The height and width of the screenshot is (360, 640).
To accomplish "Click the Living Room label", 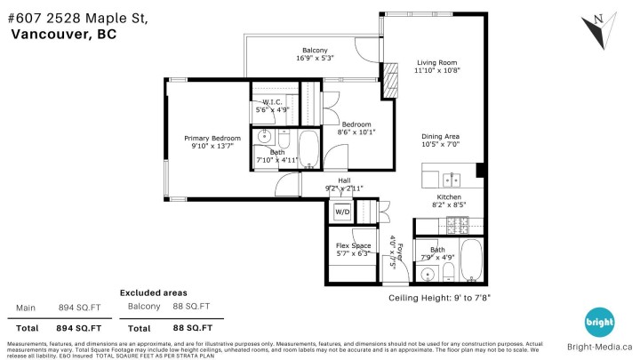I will [437, 63].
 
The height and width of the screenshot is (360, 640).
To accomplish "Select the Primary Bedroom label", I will [212, 139].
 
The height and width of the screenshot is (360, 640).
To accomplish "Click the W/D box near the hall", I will [342, 212].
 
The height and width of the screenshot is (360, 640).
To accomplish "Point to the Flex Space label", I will [353, 245].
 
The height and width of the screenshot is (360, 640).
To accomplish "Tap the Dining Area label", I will [440, 137].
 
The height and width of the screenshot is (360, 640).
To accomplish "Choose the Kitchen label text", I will [448, 196].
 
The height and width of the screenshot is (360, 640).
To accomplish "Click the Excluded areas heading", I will [154, 292].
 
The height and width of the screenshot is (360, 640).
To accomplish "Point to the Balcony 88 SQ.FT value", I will [192, 307].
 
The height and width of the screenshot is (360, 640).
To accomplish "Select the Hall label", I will [344, 180].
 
